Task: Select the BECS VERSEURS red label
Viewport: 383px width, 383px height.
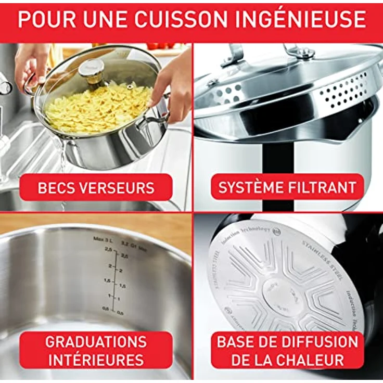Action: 96,187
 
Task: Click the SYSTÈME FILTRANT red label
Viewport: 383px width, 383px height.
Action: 287,187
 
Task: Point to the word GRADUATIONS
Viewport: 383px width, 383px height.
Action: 96,342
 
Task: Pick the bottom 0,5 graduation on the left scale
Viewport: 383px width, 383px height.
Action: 106,309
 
